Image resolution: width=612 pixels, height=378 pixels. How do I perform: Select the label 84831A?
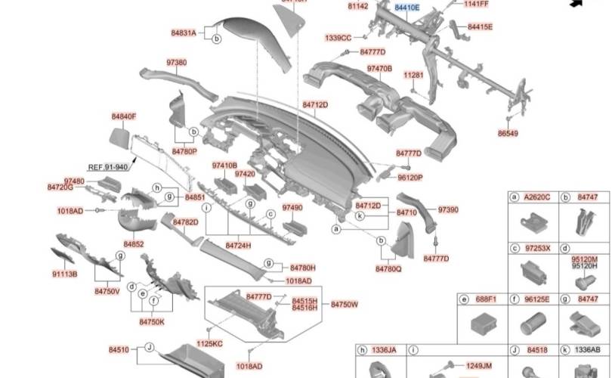pyautogui.click(x=184, y=33)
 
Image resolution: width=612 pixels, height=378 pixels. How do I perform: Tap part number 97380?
pyautogui.click(x=177, y=62)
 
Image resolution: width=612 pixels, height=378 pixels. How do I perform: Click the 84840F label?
pyautogui.click(x=124, y=116)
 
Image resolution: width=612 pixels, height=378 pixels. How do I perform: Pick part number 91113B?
pyautogui.click(x=65, y=274)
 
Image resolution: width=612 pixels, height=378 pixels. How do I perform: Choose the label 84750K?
pyautogui.click(x=151, y=321)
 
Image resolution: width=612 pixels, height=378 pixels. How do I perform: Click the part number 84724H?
pyautogui.click(x=238, y=246)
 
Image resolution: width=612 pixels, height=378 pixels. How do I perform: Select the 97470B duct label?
pyautogui.click(x=379, y=69)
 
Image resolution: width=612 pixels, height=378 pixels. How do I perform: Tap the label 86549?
pyautogui.click(x=508, y=134)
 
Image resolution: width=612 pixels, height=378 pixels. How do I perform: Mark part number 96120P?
pyautogui.click(x=410, y=178)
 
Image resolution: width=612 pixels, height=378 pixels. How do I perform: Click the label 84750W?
pyautogui.click(x=345, y=304)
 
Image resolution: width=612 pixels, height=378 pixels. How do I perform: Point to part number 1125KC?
pyautogui.click(x=211, y=344)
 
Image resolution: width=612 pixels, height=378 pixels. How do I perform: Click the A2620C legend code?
pyautogui.click(x=538, y=198)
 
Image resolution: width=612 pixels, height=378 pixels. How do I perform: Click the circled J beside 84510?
pyautogui.click(x=150, y=349)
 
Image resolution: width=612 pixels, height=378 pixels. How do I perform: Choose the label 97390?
pyautogui.click(x=448, y=209)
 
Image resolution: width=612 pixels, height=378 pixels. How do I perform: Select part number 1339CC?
pyautogui.click(x=338, y=38)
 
